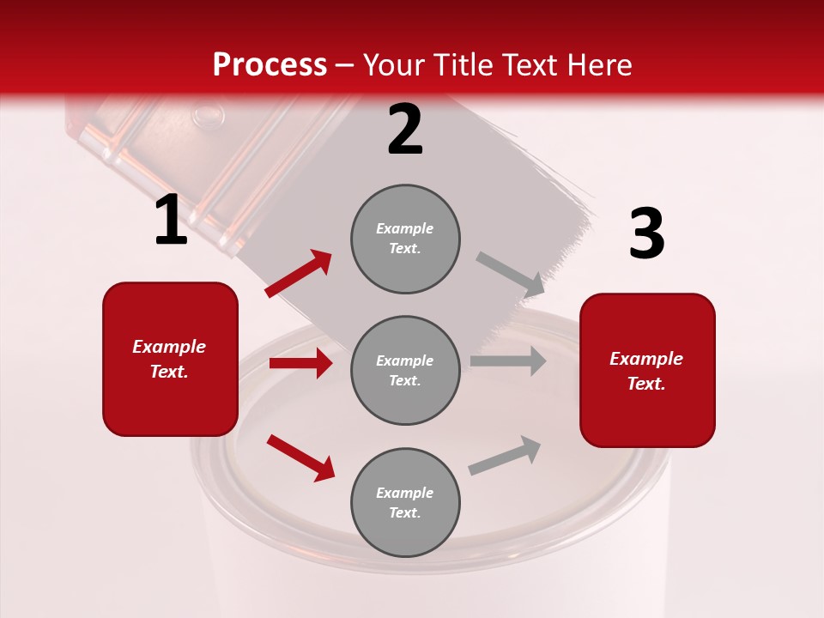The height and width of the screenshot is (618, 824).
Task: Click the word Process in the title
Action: click(270, 65)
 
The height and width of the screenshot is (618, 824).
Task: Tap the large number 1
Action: click(171, 220)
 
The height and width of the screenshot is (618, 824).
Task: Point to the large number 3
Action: click(646, 234)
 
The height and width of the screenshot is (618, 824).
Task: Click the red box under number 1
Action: click(170, 359)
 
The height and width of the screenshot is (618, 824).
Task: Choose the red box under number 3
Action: click(647, 370)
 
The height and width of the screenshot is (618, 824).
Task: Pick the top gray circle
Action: click(405, 239)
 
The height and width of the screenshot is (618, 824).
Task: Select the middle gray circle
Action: click(405, 370)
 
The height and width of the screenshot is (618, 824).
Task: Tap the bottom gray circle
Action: click(405, 502)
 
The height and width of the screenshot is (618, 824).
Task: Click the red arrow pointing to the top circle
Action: click(299, 274)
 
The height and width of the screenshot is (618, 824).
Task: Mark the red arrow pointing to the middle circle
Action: click(300, 363)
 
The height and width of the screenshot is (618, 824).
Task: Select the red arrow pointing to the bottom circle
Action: click(300, 457)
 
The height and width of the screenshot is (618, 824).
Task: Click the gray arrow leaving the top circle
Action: click(511, 274)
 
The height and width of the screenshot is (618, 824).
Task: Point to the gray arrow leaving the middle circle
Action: click(508, 360)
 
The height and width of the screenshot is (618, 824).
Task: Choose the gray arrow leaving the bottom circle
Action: click(505, 455)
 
